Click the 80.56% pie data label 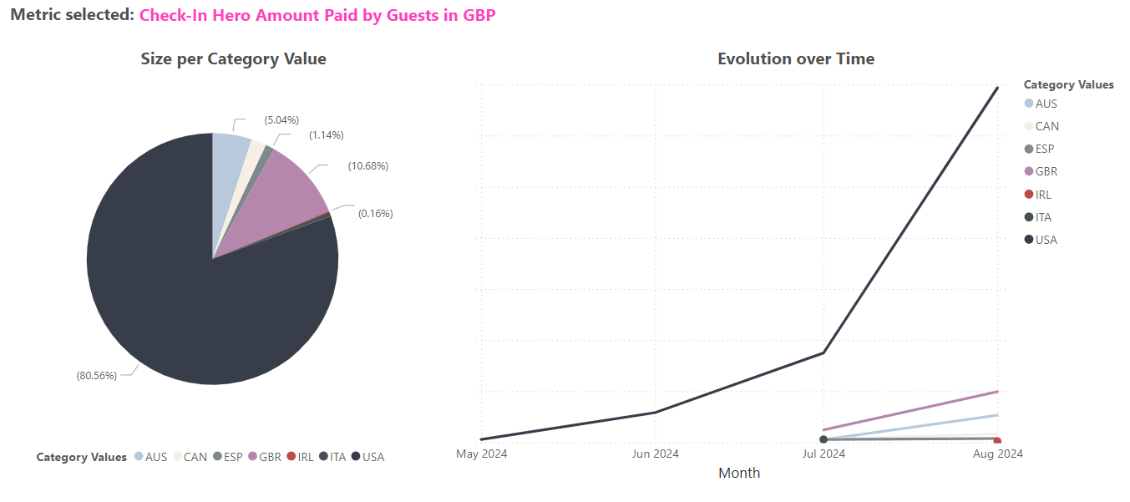click(97, 375)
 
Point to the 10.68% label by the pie click(367, 166)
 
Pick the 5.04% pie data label click(281, 120)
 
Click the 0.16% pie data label click(375, 214)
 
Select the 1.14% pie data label click(326, 135)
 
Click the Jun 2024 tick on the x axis click(656, 454)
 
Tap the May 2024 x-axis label click(481, 454)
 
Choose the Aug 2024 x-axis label click(998, 454)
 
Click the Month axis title click(739, 473)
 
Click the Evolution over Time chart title click(796, 58)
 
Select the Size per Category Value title click(233, 58)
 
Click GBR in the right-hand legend click(1046, 172)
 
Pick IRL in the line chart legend click(1043, 195)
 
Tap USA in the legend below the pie click(373, 457)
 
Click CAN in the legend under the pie click(195, 457)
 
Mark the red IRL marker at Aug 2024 click(997, 441)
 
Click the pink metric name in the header click(317, 15)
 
